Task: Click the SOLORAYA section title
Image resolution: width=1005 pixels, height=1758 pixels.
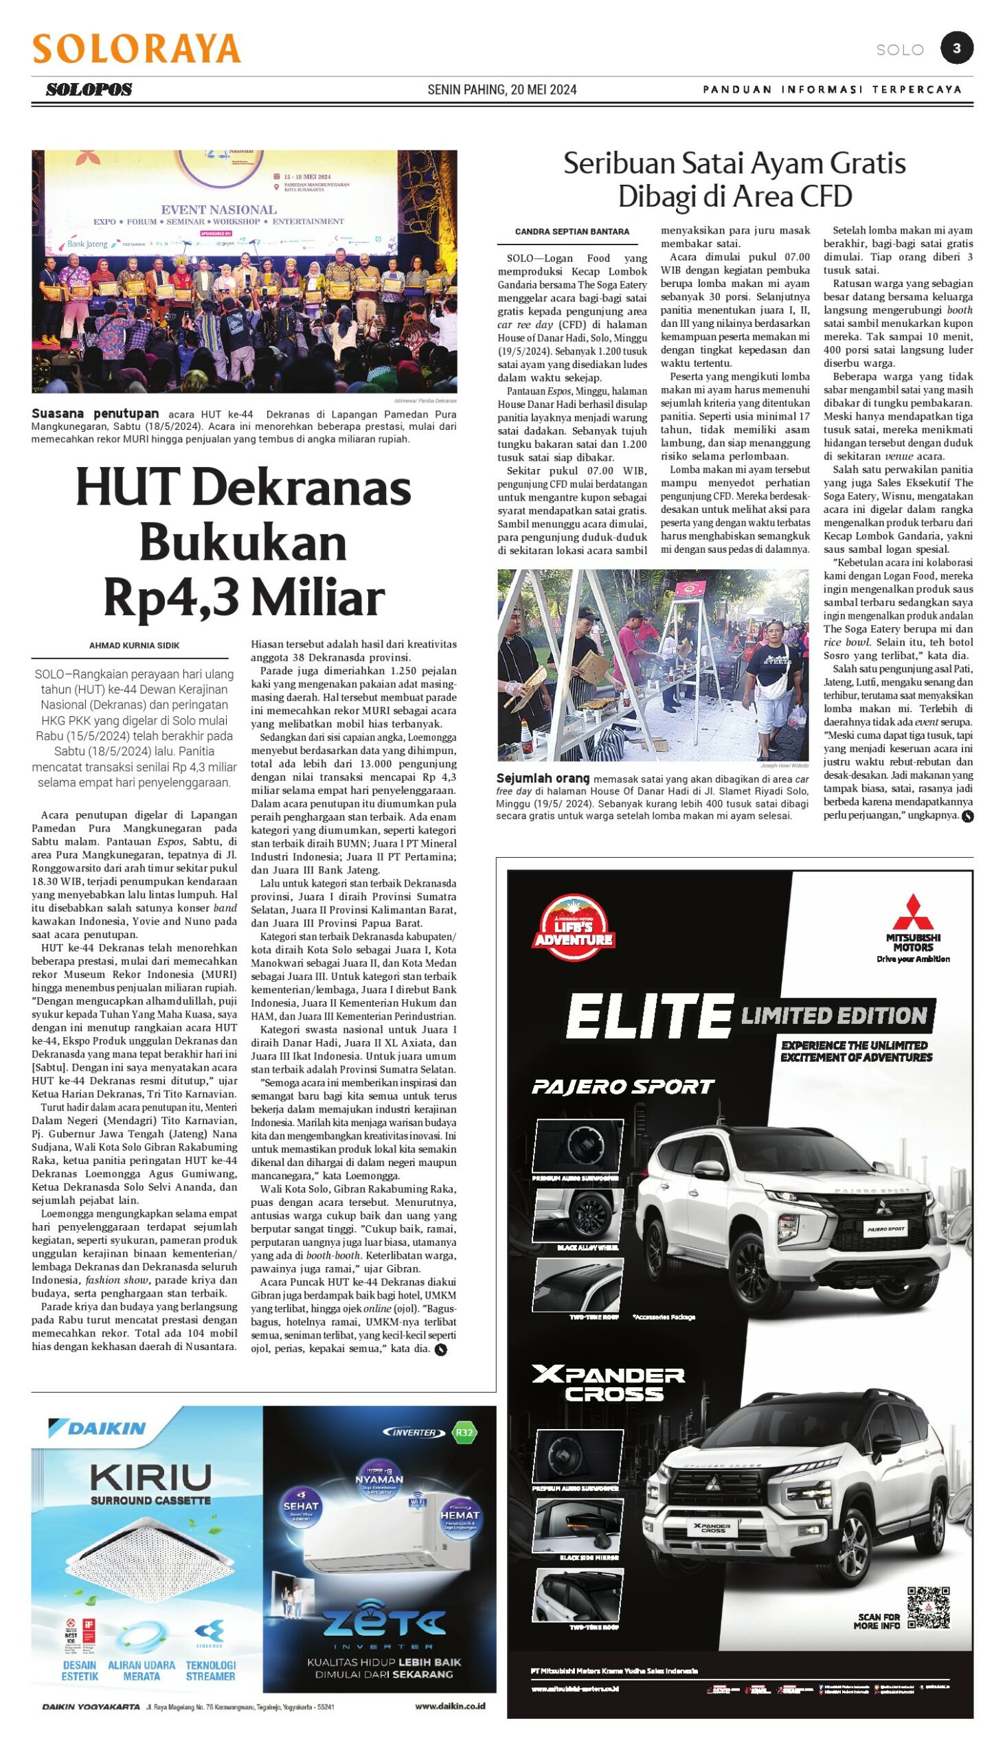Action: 137,49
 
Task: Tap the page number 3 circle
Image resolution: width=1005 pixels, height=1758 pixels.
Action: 957,48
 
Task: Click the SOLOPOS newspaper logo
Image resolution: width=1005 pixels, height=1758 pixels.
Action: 89,90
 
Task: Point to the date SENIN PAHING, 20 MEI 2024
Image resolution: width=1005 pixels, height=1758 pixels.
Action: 501,90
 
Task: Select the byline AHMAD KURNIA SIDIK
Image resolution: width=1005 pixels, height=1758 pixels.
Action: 134,646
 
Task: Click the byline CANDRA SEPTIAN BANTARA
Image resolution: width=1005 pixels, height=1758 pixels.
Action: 572,232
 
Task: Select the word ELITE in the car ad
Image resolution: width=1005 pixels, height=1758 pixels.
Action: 649,1016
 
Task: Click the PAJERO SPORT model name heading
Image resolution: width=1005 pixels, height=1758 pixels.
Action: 622,1087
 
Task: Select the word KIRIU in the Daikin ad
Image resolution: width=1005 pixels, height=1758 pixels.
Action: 150,1477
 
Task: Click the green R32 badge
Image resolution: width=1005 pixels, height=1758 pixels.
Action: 464,1432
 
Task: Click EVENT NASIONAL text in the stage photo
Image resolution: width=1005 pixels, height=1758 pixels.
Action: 219,209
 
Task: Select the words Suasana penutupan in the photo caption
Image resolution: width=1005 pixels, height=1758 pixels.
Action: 95,414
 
